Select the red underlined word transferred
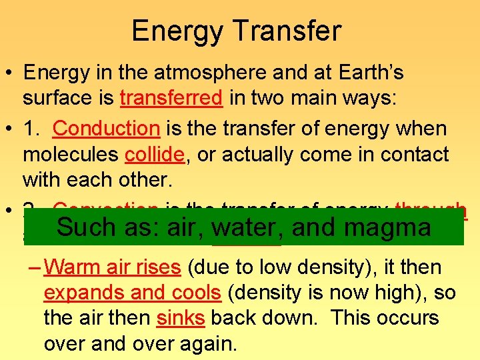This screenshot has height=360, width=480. coord(171,99)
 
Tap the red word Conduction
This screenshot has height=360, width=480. coord(106,127)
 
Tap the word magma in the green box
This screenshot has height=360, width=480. coord(390,228)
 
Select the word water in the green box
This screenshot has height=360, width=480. coord(244,228)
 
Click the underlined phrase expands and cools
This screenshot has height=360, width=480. coord(132,293)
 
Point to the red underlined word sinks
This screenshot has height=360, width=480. coord(180,318)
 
